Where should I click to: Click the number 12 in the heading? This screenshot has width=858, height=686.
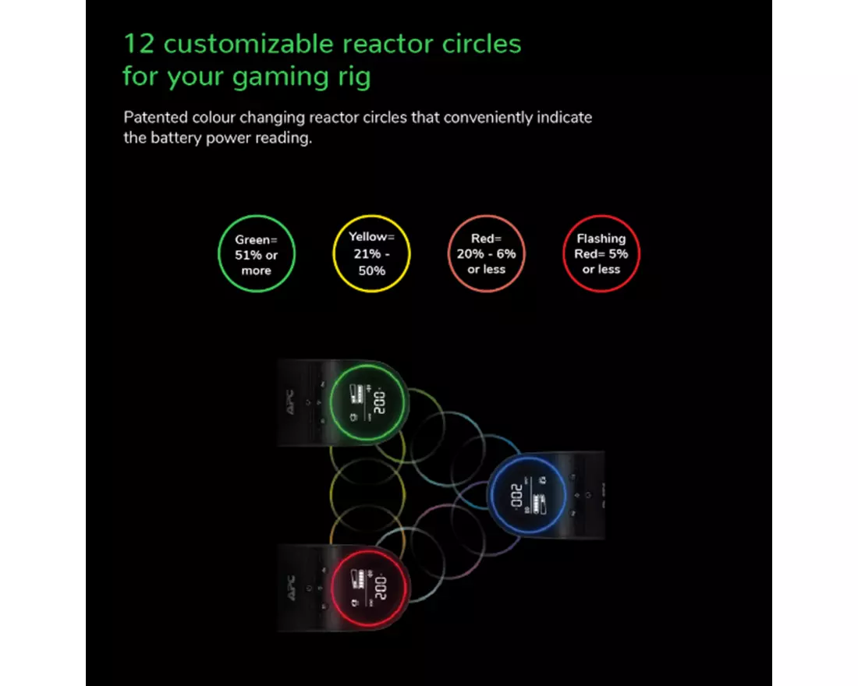[139, 44]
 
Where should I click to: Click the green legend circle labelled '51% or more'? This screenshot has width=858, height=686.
[256, 254]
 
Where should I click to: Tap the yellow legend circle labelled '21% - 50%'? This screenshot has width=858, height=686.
[371, 253]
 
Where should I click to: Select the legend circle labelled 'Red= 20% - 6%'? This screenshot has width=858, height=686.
[487, 253]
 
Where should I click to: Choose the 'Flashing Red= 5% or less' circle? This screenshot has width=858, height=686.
[601, 253]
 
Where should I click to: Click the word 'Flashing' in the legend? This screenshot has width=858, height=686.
[601, 239]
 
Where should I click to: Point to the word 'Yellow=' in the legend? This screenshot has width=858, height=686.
[371, 236]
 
